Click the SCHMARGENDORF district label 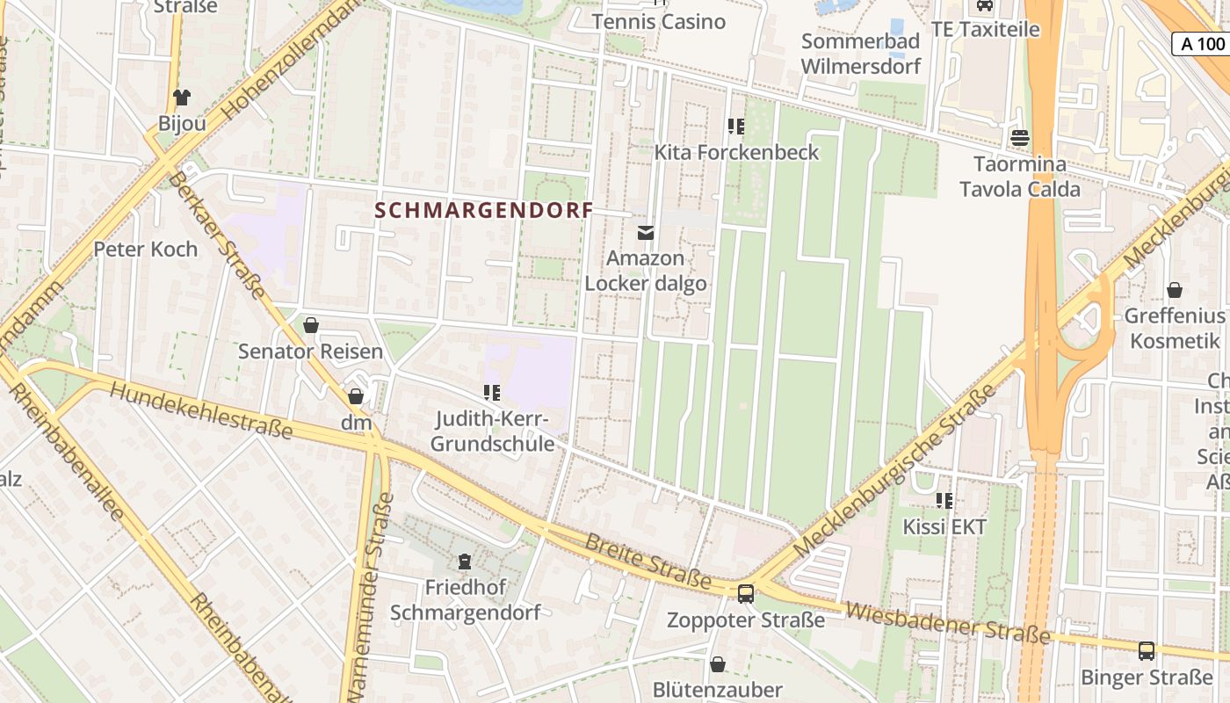tap(484, 211)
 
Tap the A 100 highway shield tap(1202, 44)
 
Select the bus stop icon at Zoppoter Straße tap(746, 594)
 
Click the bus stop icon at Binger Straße tap(1147, 650)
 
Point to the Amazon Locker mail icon tap(646, 232)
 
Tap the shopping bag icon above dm tap(356, 396)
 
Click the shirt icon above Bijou tap(182, 97)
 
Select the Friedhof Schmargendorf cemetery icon tap(465, 561)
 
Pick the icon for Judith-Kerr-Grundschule tap(492, 392)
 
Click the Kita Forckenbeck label tap(736, 152)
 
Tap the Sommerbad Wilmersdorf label tap(860, 54)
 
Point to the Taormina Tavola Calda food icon tap(1019, 137)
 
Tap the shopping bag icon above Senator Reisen tap(310, 325)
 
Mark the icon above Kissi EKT tap(944, 501)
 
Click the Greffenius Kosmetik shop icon tap(1175, 290)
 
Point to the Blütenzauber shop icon tap(718, 663)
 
